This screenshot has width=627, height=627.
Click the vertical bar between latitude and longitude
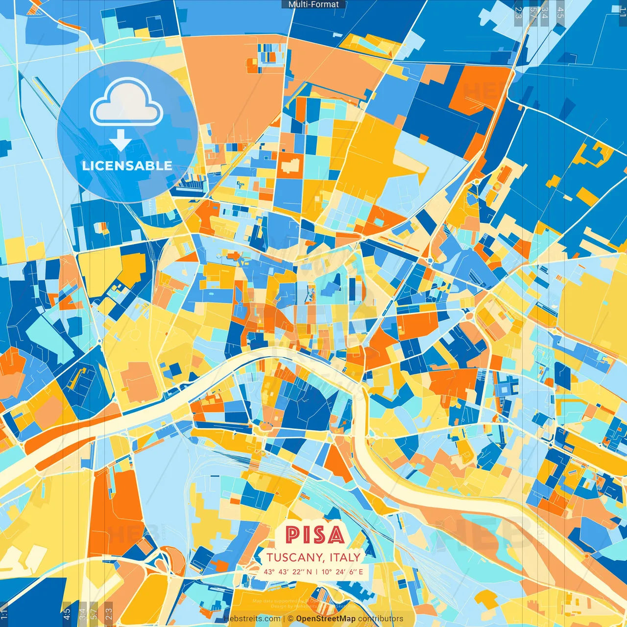(x=316, y=572)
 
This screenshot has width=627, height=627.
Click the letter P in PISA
(x=293, y=535)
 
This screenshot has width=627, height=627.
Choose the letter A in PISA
(x=336, y=535)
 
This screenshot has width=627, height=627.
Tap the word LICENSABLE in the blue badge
(x=127, y=166)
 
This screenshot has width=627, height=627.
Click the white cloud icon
(x=127, y=104)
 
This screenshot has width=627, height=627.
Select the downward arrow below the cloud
(x=121, y=141)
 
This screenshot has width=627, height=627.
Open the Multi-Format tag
(x=313, y=4)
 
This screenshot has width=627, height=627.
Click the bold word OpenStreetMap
(x=326, y=619)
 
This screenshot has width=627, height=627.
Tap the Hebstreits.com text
(x=252, y=619)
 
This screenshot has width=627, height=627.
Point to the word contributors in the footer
(x=381, y=619)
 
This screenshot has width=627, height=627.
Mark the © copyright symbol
(x=290, y=619)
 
